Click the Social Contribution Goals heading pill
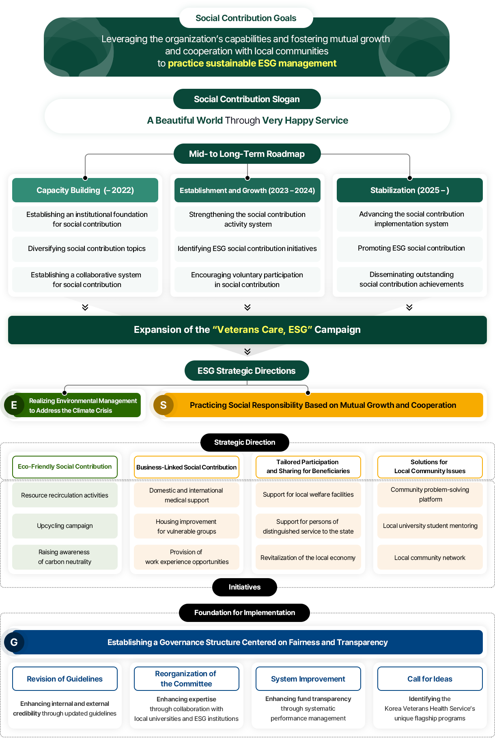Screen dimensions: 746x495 coord(246,18)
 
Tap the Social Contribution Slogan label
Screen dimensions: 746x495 coord(247,99)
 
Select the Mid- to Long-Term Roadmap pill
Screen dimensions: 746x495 coord(247,154)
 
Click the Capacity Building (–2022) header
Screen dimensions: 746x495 coord(85,190)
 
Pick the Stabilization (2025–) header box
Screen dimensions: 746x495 coord(409,190)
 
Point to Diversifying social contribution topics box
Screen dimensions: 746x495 coord(85,249)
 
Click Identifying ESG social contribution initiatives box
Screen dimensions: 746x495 coord(247,249)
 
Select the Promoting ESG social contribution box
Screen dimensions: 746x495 coord(409,249)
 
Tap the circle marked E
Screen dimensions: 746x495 coord(14,405)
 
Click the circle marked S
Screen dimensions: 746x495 coord(164,405)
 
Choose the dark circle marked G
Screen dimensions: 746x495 coord(14,642)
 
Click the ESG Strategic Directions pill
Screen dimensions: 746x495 coord(247,371)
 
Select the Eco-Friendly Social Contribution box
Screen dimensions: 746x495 coord(65,467)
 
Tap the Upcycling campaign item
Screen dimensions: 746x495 coord(65,526)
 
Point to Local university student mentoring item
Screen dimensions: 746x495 coord(430,526)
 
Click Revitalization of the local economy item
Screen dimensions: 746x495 coord(308,558)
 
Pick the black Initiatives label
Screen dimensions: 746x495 coord(244,587)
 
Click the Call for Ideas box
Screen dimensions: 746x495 coord(430,679)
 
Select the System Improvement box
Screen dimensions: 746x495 coord(308,679)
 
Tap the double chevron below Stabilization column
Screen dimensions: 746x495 coord(409,307)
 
